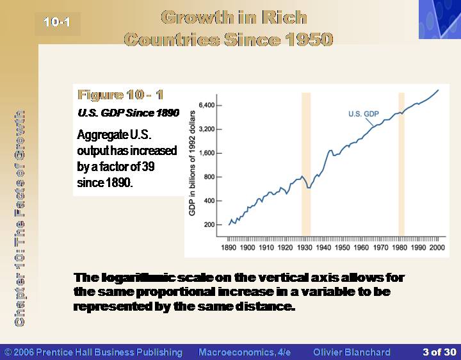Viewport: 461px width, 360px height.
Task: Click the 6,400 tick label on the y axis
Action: click(207, 105)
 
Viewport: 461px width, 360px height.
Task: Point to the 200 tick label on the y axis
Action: click(209, 225)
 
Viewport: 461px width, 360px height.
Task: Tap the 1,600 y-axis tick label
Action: click(207, 153)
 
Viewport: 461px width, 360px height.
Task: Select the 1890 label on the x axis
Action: click(229, 248)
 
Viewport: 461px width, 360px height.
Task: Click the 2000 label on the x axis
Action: click(437, 248)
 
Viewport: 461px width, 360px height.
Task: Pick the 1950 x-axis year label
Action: click(342, 248)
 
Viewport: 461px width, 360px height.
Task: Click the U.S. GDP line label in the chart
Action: click(364, 114)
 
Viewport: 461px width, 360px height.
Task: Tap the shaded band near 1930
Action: click(306, 165)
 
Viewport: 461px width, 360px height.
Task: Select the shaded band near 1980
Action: click(401, 165)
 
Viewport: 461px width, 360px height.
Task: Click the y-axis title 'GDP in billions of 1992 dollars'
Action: click(192, 163)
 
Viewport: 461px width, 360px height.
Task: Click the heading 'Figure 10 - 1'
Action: click(120, 95)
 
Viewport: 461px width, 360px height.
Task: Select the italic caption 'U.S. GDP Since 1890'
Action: click(128, 113)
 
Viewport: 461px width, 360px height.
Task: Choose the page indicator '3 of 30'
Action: click(439, 352)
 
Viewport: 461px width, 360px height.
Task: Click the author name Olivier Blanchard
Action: click(352, 352)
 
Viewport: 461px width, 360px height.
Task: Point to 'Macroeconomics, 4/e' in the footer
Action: click(245, 352)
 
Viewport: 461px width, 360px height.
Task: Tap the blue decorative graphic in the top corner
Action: click(440, 19)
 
